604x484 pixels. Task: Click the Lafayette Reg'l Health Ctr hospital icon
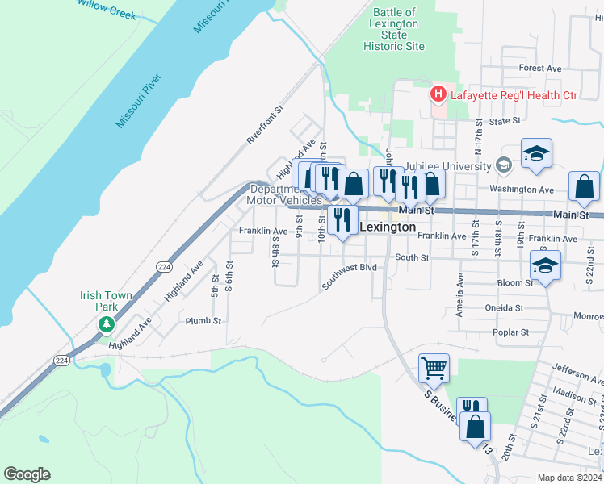click(438, 95)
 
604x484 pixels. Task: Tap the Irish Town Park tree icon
click(106, 324)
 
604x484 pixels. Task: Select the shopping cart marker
click(434, 369)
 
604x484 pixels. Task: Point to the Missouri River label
click(140, 100)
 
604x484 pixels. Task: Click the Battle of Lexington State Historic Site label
click(394, 30)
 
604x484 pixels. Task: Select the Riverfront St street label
click(266, 124)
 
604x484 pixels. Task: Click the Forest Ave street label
click(540, 69)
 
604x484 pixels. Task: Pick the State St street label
click(505, 121)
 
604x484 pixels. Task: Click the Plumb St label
click(203, 321)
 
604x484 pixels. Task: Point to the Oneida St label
click(507, 308)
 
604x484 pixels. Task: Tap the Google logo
click(27, 474)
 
